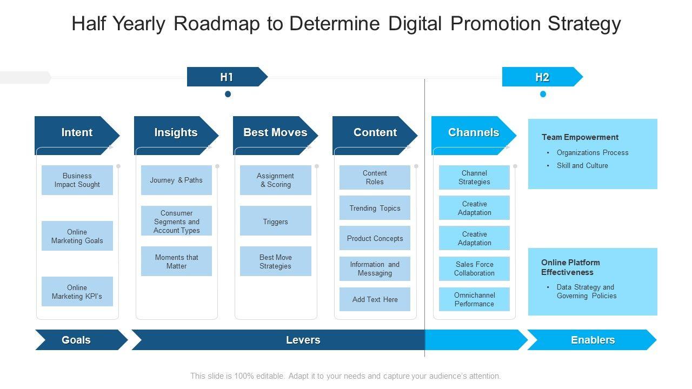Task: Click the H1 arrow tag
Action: (x=227, y=77)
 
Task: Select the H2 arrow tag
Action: (x=542, y=77)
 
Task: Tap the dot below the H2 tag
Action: (x=543, y=94)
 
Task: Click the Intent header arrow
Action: (x=77, y=132)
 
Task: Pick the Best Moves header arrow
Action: (x=275, y=132)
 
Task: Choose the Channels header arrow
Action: (x=474, y=132)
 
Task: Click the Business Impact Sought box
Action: (x=77, y=180)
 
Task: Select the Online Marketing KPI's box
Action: (x=77, y=292)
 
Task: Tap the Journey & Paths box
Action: (x=176, y=180)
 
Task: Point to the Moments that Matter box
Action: (x=176, y=261)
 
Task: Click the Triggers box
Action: (x=276, y=221)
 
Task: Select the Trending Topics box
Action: (x=375, y=208)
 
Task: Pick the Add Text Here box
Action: (x=375, y=299)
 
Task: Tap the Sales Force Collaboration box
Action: (x=474, y=269)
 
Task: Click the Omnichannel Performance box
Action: (x=474, y=299)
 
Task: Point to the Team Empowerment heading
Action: (x=580, y=137)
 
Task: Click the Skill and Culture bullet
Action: (x=582, y=165)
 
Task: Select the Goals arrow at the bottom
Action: (x=76, y=340)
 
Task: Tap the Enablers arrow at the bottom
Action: (x=593, y=340)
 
